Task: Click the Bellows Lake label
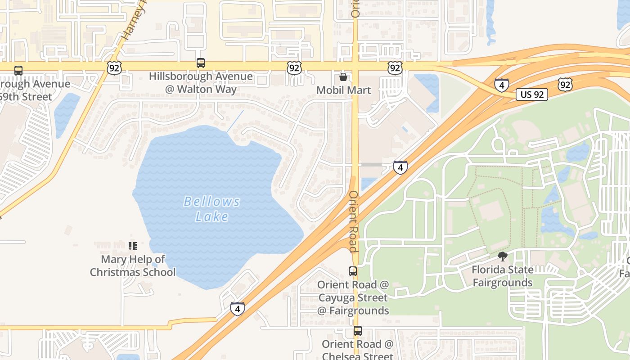[x=212, y=209]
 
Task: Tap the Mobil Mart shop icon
[x=343, y=77]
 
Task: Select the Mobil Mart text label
[x=343, y=90]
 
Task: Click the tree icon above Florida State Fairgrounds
[x=502, y=256]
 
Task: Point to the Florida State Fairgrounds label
[x=502, y=276]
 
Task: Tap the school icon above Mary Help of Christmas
[x=132, y=246]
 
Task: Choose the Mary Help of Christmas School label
[x=133, y=265]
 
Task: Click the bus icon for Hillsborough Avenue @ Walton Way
[x=201, y=63]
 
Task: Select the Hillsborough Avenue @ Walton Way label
[x=201, y=83]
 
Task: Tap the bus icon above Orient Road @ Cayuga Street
[x=353, y=271]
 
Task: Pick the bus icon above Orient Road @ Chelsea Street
[x=357, y=331]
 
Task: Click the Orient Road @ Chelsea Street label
[x=357, y=350]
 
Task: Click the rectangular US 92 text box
[x=531, y=94]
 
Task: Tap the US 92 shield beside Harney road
[x=114, y=68]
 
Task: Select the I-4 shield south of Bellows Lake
[x=238, y=309]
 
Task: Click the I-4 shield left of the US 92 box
[x=501, y=85]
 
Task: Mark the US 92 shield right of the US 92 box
[x=565, y=84]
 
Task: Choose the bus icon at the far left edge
[x=18, y=71]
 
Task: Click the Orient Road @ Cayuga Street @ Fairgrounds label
[x=353, y=297]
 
